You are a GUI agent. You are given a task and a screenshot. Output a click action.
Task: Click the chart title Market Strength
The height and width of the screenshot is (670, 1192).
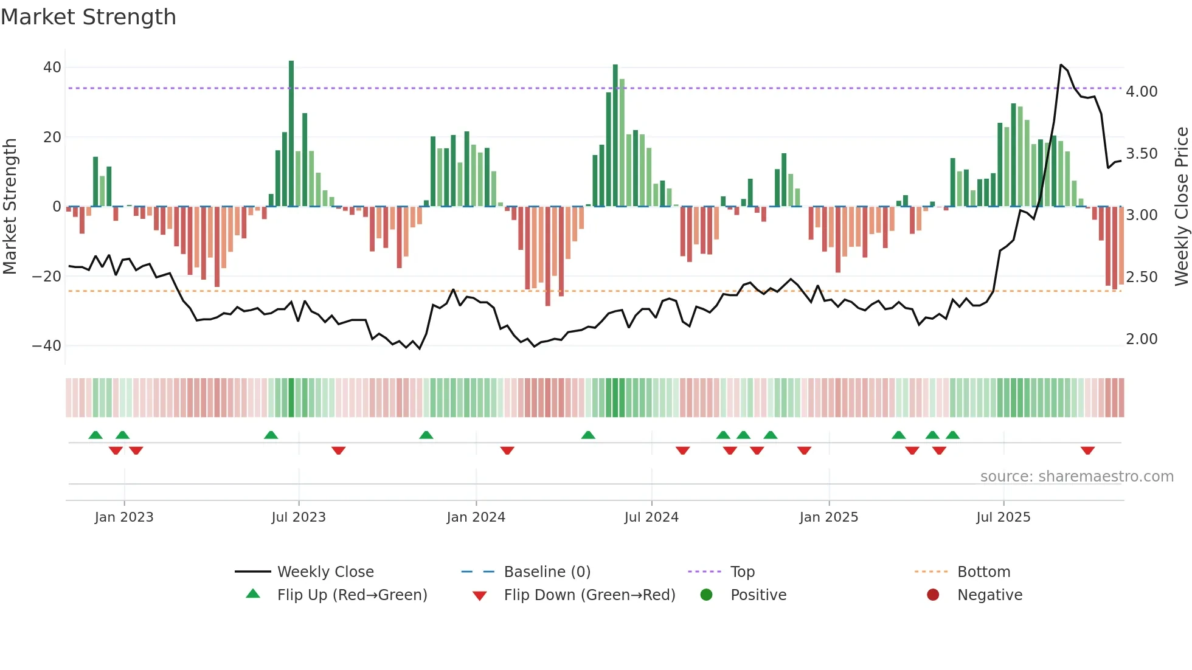coord(88,17)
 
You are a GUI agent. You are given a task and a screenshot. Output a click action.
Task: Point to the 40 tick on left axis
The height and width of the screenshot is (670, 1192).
coord(52,67)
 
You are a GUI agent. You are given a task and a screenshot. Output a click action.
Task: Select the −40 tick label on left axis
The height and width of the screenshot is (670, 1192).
coord(47,346)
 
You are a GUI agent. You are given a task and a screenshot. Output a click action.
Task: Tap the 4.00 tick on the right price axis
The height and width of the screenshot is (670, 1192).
coord(1142,92)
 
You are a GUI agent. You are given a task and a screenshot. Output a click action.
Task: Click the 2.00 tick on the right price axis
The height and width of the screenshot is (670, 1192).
coord(1142,339)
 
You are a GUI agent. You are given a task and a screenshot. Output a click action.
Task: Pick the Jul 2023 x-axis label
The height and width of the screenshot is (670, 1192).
coord(299,517)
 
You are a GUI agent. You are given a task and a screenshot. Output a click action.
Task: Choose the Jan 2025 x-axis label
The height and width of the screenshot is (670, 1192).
coord(828,517)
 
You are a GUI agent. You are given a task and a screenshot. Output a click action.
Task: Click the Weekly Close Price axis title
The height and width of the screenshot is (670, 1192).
coord(1181,207)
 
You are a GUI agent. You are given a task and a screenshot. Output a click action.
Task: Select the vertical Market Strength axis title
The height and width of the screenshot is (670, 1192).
coord(10,207)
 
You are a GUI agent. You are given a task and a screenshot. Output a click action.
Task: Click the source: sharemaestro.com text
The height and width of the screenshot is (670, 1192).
coord(1076,477)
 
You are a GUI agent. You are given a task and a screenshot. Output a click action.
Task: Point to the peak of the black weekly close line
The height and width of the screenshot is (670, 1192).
coord(1061,65)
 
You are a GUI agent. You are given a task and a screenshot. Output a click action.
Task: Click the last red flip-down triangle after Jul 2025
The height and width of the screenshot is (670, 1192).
coord(1087,451)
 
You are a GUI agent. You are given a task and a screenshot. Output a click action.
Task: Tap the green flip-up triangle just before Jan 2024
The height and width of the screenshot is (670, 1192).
coord(426,435)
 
